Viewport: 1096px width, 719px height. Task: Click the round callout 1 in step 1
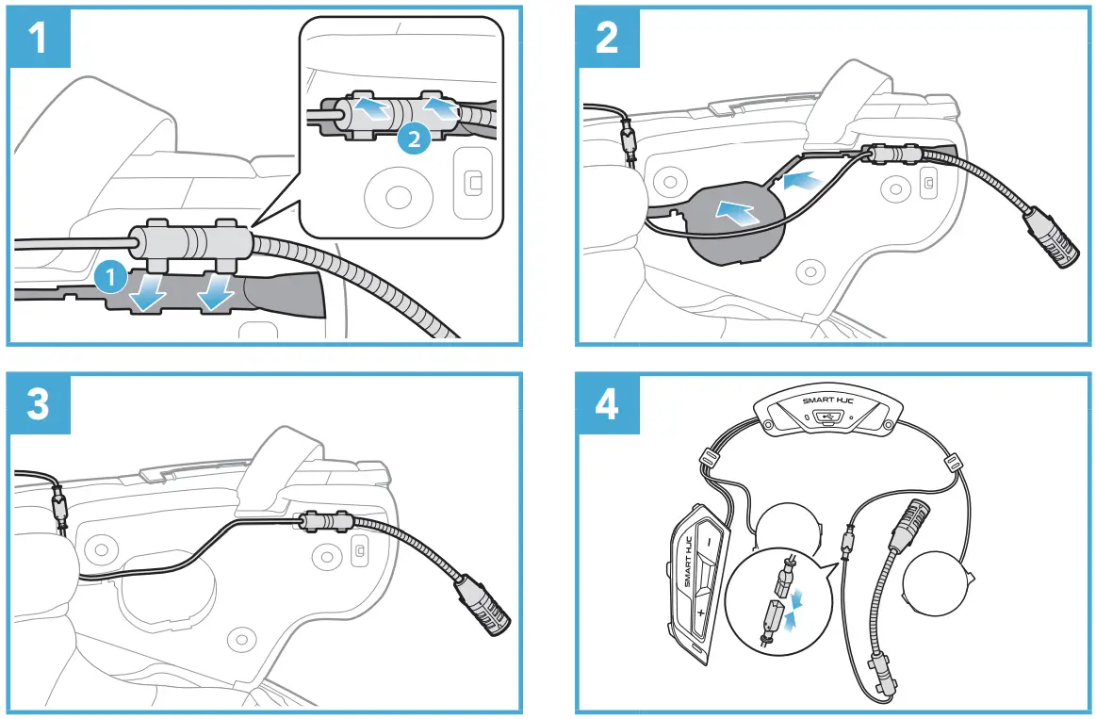coord(110,277)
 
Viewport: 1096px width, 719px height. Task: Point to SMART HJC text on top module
coord(826,400)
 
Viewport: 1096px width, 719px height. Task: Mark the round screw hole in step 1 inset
coord(397,196)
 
